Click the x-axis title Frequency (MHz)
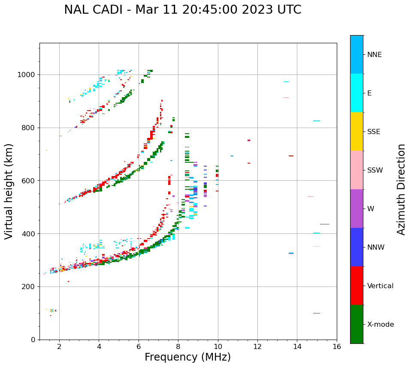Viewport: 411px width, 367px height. (x=187, y=357)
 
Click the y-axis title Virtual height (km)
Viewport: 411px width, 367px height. (x=9, y=191)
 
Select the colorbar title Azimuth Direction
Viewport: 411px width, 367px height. (x=401, y=189)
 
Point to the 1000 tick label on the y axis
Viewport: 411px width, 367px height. (x=27, y=75)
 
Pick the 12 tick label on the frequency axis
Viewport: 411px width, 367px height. (x=257, y=346)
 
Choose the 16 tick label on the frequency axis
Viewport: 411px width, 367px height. (x=337, y=346)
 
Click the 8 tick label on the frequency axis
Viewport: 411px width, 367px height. (x=178, y=346)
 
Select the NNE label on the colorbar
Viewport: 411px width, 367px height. (x=374, y=55)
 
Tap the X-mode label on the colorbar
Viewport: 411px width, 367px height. (x=380, y=325)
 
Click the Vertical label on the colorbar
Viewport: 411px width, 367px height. (x=380, y=286)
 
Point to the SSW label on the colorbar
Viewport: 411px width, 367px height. (x=375, y=170)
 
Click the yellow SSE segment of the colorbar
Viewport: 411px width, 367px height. (x=357, y=131)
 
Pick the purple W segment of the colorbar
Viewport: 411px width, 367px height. (x=357, y=209)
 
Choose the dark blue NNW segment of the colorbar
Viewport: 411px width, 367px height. (x=357, y=247)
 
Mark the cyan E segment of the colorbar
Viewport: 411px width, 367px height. (x=357, y=93)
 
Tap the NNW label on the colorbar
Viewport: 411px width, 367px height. (x=376, y=248)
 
